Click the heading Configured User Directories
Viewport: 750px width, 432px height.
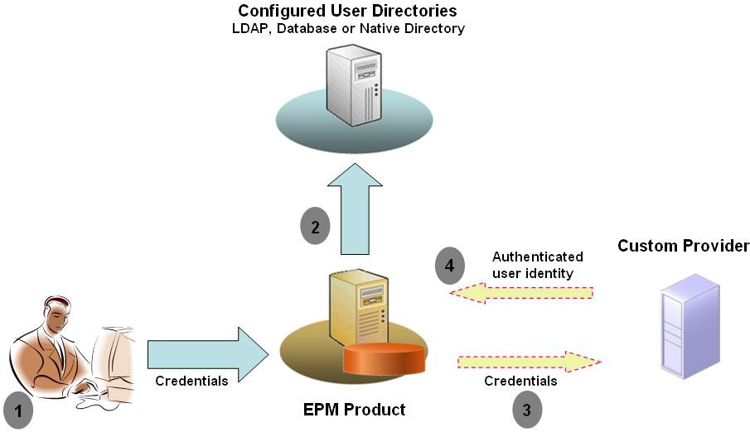pos(347,11)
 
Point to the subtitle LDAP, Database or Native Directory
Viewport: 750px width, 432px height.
pos(347,29)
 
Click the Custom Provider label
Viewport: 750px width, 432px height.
pos(684,246)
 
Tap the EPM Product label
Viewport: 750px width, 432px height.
pos(353,409)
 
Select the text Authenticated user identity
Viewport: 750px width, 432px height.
pos(537,264)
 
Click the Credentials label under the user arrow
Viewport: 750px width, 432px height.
pos(192,381)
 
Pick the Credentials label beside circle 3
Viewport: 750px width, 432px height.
pos(520,381)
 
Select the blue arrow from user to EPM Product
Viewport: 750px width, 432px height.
pos(207,354)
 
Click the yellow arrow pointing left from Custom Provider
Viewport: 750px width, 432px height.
pos(521,293)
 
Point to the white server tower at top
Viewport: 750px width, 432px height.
pos(354,84)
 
